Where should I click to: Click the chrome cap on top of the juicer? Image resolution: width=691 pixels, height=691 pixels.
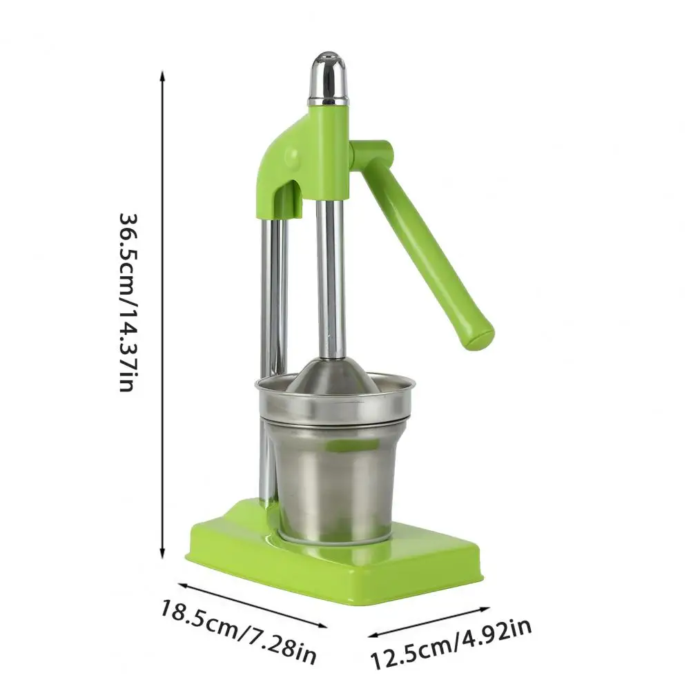327,79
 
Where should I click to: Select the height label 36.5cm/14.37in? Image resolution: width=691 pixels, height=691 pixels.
128,303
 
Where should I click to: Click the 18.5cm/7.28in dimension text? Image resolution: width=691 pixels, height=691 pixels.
238,632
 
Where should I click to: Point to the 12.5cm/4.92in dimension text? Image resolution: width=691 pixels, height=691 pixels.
450,644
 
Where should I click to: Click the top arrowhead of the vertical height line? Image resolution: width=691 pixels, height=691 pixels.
163,76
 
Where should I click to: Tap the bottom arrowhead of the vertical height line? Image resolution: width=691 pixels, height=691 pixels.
163,553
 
